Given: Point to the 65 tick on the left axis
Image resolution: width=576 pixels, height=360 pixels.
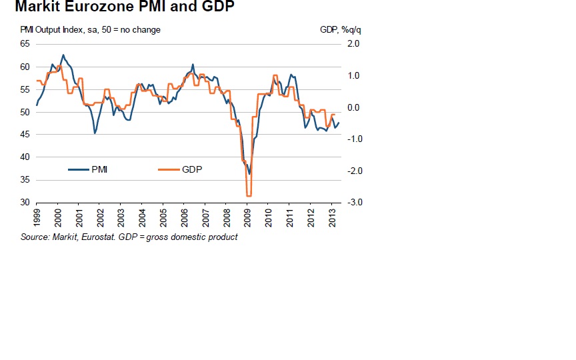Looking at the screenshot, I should coord(25,44).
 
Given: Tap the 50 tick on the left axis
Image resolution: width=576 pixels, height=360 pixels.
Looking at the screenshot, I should coord(25,112).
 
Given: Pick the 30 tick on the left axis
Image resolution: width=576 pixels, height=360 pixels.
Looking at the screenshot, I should coord(25,203).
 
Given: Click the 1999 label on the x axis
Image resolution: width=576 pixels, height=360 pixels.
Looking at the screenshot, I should coord(37,217).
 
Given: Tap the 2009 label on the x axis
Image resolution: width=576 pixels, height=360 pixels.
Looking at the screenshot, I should coord(247,217).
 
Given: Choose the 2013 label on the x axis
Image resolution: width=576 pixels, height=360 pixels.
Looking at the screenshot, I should coord(331,217).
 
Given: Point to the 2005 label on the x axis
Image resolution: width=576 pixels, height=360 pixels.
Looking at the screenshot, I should coord(163,217).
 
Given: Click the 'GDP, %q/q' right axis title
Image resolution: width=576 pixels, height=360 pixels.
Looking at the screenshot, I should coord(335,30).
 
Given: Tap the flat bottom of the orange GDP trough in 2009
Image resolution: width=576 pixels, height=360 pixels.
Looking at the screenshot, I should coord(249,196).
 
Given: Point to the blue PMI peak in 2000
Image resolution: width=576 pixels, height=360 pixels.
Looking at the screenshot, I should coord(63,55).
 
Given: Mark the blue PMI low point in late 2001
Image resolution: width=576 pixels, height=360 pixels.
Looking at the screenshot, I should coord(95,133).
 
